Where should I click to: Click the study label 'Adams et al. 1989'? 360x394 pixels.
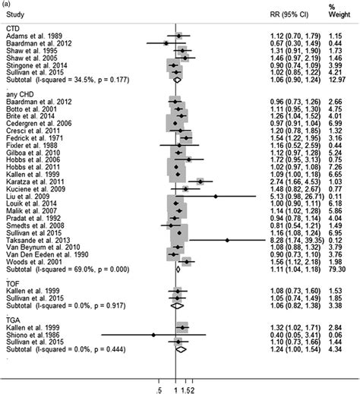pyautogui.click(x=31, y=36)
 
